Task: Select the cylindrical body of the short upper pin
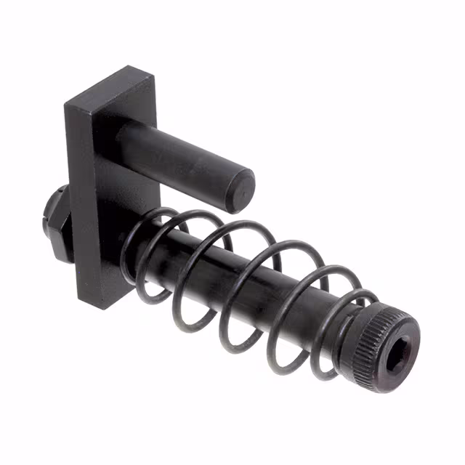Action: click(x=174, y=155)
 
